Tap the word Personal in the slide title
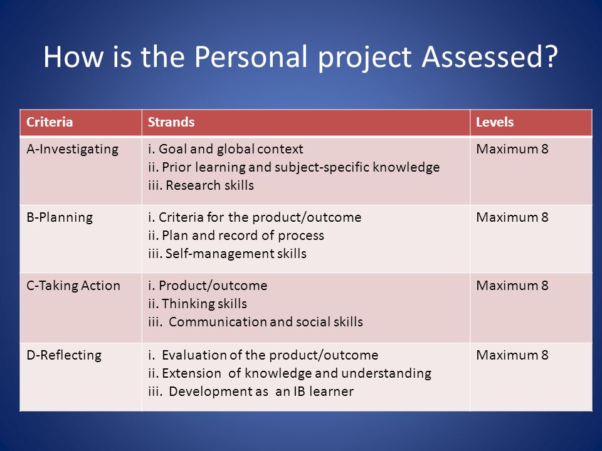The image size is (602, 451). [251, 57]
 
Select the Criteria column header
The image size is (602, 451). [50, 122]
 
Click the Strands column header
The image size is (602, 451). [171, 122]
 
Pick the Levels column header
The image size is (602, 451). [495, 122]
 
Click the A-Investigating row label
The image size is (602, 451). [73, 149]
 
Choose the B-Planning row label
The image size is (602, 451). [60, 217]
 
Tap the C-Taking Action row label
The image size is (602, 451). [73, 286]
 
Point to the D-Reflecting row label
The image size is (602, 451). [64, 355]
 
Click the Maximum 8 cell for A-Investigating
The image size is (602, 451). [512, 149]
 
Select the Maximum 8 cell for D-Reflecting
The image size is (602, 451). [512, 355]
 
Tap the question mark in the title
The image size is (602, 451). [552, 57]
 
